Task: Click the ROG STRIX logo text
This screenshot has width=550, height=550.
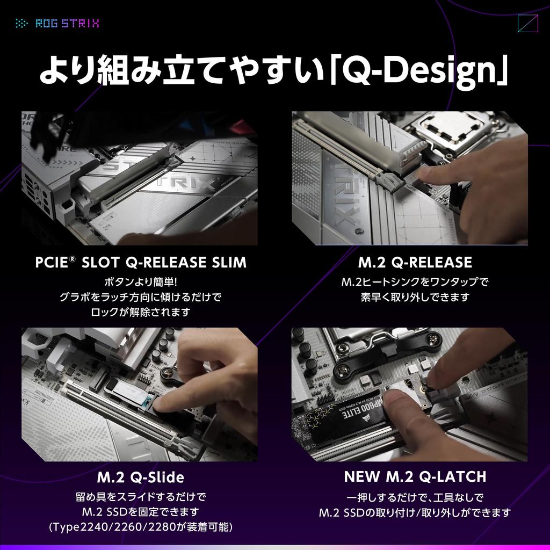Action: [x=67, y=23]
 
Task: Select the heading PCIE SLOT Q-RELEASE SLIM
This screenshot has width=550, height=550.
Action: [x=141, y=263]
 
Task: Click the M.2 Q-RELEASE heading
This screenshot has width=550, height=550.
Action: [x=415, y=263]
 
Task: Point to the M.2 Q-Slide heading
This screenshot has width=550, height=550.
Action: [x=141, y=477]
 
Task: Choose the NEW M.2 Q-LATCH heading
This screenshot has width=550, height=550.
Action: [x=415, y=476]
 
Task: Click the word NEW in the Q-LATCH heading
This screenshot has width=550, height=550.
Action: [x=361, y=476]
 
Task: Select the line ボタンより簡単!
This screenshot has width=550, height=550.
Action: [x=140, y=282]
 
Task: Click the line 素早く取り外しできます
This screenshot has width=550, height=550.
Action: [x=415, y=297]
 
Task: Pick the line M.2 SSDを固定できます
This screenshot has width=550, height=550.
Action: [x=141, y=511]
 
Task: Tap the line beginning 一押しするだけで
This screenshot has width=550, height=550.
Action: [x=415, y=497]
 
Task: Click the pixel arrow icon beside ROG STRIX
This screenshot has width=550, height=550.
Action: [x=22, y=23]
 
